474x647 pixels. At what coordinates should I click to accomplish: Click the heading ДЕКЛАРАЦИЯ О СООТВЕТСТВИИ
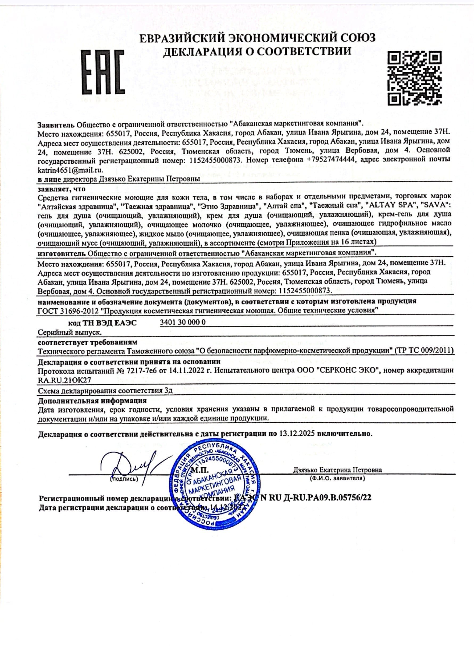[257, 51]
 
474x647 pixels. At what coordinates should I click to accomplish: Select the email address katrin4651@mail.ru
[70, 170]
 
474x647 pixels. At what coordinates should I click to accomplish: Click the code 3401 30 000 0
[183, 322]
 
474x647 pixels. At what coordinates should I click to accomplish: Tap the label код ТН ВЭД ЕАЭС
[102, 323]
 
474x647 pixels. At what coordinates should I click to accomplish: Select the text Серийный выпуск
[70, 332]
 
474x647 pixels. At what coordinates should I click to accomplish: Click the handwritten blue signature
[130, 467]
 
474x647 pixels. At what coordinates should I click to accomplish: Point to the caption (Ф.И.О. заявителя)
[337, 478]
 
